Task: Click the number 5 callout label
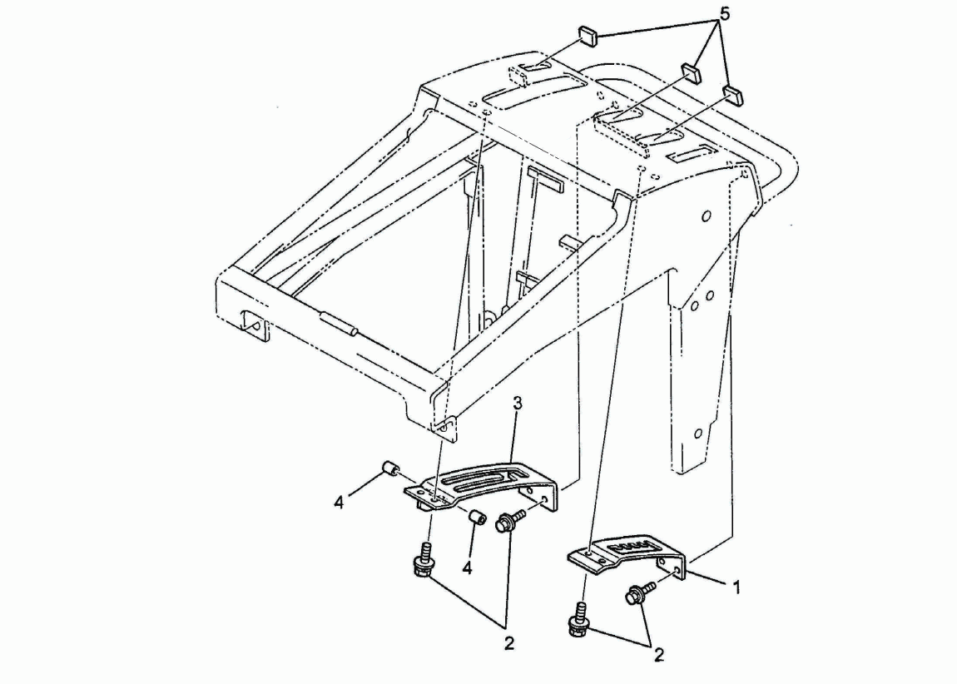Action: click(725, 14)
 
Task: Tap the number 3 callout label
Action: click(517, 404)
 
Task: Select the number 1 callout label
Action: click(736, 587)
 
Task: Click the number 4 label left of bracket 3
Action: click(339, 503)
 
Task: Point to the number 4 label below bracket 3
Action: click(467, 568)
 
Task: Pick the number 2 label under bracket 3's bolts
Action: click(509, 643)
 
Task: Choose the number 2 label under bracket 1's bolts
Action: click(658, 656)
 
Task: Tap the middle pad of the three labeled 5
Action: click(691, 72)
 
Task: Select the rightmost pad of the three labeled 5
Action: click(731, 95)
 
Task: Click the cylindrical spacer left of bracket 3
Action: click(390, 470)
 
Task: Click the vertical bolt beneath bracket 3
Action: click(423, 560)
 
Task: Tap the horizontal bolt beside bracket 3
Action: click(510, 520)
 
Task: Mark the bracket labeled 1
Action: click(627, 555)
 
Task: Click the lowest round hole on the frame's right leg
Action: click(699, 434)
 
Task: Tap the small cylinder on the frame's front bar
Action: click(340, 324)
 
